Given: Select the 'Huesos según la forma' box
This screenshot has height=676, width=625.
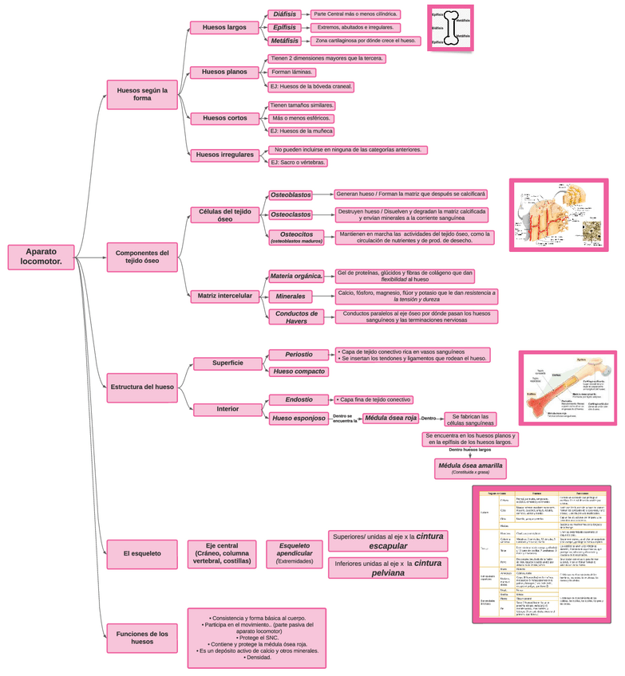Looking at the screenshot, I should point(142,95).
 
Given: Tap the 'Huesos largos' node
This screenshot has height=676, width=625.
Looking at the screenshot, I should point(224,27).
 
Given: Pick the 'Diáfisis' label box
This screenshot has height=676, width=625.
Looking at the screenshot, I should point(284,14).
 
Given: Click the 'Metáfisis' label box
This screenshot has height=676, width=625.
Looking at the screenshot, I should point(285,41).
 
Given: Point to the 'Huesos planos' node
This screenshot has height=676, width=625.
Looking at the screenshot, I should point(224,72).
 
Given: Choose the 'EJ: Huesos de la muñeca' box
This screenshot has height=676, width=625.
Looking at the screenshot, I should point(301,132).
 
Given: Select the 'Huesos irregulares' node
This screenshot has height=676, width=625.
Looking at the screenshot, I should point(224,155).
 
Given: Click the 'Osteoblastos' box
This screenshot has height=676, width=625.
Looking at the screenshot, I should point(291,195).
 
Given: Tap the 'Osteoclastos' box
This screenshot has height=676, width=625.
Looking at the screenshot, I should point(291,214).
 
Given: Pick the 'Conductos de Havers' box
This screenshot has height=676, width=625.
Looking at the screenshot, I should point(296,317).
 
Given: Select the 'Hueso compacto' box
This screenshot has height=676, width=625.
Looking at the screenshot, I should point(299,371).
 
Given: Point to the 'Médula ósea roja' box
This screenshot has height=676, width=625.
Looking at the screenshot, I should point(390,418).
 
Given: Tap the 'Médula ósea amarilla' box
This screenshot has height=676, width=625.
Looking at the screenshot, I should point(469,468).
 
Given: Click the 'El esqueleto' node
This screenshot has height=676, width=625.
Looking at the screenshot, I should point(142,552).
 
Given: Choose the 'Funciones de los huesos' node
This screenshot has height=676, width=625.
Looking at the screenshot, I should point(142,638).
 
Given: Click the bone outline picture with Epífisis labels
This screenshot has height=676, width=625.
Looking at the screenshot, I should point(451,28).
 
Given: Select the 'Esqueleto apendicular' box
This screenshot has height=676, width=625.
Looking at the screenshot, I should point(295,552).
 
